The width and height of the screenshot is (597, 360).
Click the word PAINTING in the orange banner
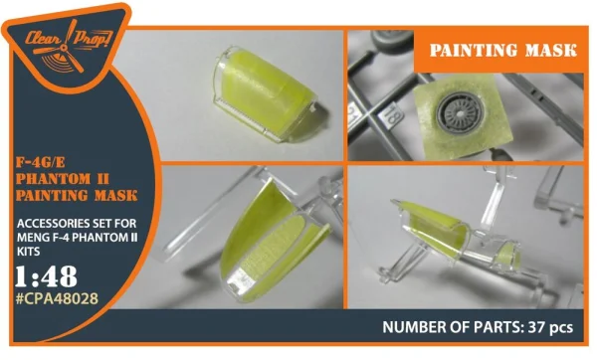click(472, 51)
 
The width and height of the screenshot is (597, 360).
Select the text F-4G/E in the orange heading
click(40, 162)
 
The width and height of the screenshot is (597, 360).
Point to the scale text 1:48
click(46, 276)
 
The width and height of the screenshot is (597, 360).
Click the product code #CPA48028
click(57, 298)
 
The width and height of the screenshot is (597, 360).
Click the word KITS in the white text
click(28, 252)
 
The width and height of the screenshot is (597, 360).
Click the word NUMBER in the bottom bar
click(408, 327)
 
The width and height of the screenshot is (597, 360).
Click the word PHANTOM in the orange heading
click(54, 179)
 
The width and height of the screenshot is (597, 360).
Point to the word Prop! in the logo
click(93, 38)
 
